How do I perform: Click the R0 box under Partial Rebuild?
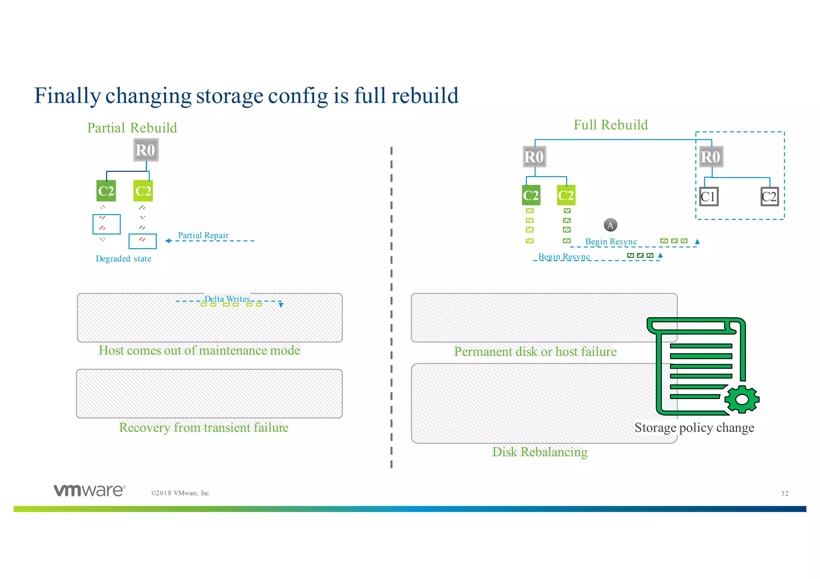click(x=146, y=150)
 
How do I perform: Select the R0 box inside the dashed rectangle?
click(x=711, y=157)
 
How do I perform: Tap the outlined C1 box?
click(x=708, y=196)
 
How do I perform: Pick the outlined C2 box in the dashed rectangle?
click(x=769, y=196)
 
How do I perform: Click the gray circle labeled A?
click(x=610, y=225)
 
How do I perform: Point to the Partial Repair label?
click(x=203, y=235)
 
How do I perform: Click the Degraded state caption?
click(x=123, y=259)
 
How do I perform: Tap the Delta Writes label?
click(x=227, y=299)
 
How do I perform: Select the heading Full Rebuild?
click(x=611, y=125)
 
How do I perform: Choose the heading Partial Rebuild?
click(x=132, y=128)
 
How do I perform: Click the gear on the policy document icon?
click(x=742, y=399)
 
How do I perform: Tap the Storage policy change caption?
click(x=694, y=427)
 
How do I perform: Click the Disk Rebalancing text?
click(x=540, y=452)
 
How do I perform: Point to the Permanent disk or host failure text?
click(x=535, y=351)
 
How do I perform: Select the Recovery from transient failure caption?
click(x=204, y=427)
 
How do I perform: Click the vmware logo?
click(x=90, y=491)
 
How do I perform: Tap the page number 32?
click(x=784, y=493)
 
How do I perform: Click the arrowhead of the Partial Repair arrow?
click(x=168, y=241)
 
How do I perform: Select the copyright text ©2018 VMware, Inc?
click(x=181, y=493)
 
